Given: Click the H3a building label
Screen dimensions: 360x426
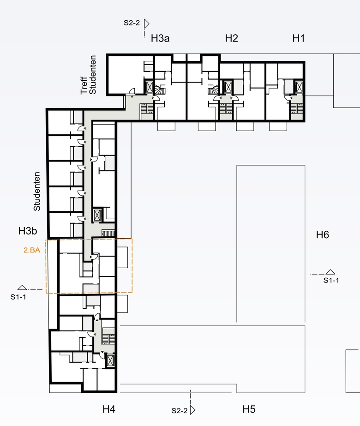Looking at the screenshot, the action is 160,38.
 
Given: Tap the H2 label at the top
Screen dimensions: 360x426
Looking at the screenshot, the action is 232,38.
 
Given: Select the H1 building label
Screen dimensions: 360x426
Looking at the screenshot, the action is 298,38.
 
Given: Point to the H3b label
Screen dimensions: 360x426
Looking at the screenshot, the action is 28,231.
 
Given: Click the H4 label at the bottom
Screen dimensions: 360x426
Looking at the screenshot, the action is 108,409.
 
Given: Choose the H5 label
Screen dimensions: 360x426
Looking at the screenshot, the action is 249,409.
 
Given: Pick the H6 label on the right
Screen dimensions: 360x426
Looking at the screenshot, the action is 323,234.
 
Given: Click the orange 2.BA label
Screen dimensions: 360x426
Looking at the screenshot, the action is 32,250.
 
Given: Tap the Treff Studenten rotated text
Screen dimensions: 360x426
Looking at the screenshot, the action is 88,75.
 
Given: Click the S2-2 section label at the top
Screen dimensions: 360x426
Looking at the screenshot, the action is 132,23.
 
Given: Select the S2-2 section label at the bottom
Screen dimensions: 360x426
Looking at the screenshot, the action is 180,410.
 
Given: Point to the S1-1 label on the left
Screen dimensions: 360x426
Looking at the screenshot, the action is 18,297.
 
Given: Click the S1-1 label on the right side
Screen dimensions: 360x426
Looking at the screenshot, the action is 331,280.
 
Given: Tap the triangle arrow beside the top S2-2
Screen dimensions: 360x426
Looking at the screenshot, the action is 146,24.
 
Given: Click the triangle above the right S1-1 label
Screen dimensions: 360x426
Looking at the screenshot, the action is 330,272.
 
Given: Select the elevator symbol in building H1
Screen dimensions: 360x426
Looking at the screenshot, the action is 299,87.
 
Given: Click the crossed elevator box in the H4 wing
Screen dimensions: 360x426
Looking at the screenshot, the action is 110,361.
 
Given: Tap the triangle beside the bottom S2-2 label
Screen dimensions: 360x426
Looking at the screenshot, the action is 192,410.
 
